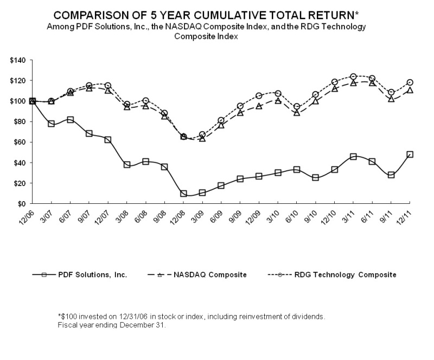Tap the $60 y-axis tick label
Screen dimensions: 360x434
click(20, 142)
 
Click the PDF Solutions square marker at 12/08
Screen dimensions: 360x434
click(183, 194)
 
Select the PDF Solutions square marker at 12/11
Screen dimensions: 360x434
click(410, 155)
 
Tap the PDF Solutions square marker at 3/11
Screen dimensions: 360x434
click(353, 157)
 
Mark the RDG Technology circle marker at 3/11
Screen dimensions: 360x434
click(353, 76)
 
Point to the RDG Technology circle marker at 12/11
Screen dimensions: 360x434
click(410, 82)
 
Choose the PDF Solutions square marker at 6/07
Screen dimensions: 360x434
click(70, 119)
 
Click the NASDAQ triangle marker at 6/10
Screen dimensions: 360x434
click(297, 113)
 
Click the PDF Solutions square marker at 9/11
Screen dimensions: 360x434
click(391, 175)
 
